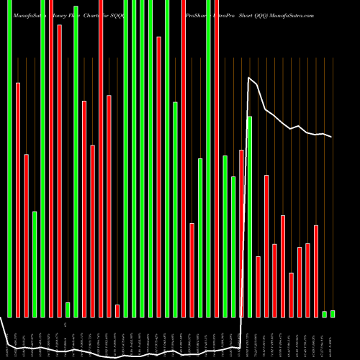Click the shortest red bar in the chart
pyautogui.click(x=117, y=310)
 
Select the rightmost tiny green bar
pyautogui.click(x=333, y=313)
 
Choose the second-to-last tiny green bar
pyautogui.click(x=324, y=313)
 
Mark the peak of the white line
pyautogui.click(x=248, y=78)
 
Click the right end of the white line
pyautogui.click(x=332, y=137)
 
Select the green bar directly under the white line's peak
pyautogui.click(x=250, y=216)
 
